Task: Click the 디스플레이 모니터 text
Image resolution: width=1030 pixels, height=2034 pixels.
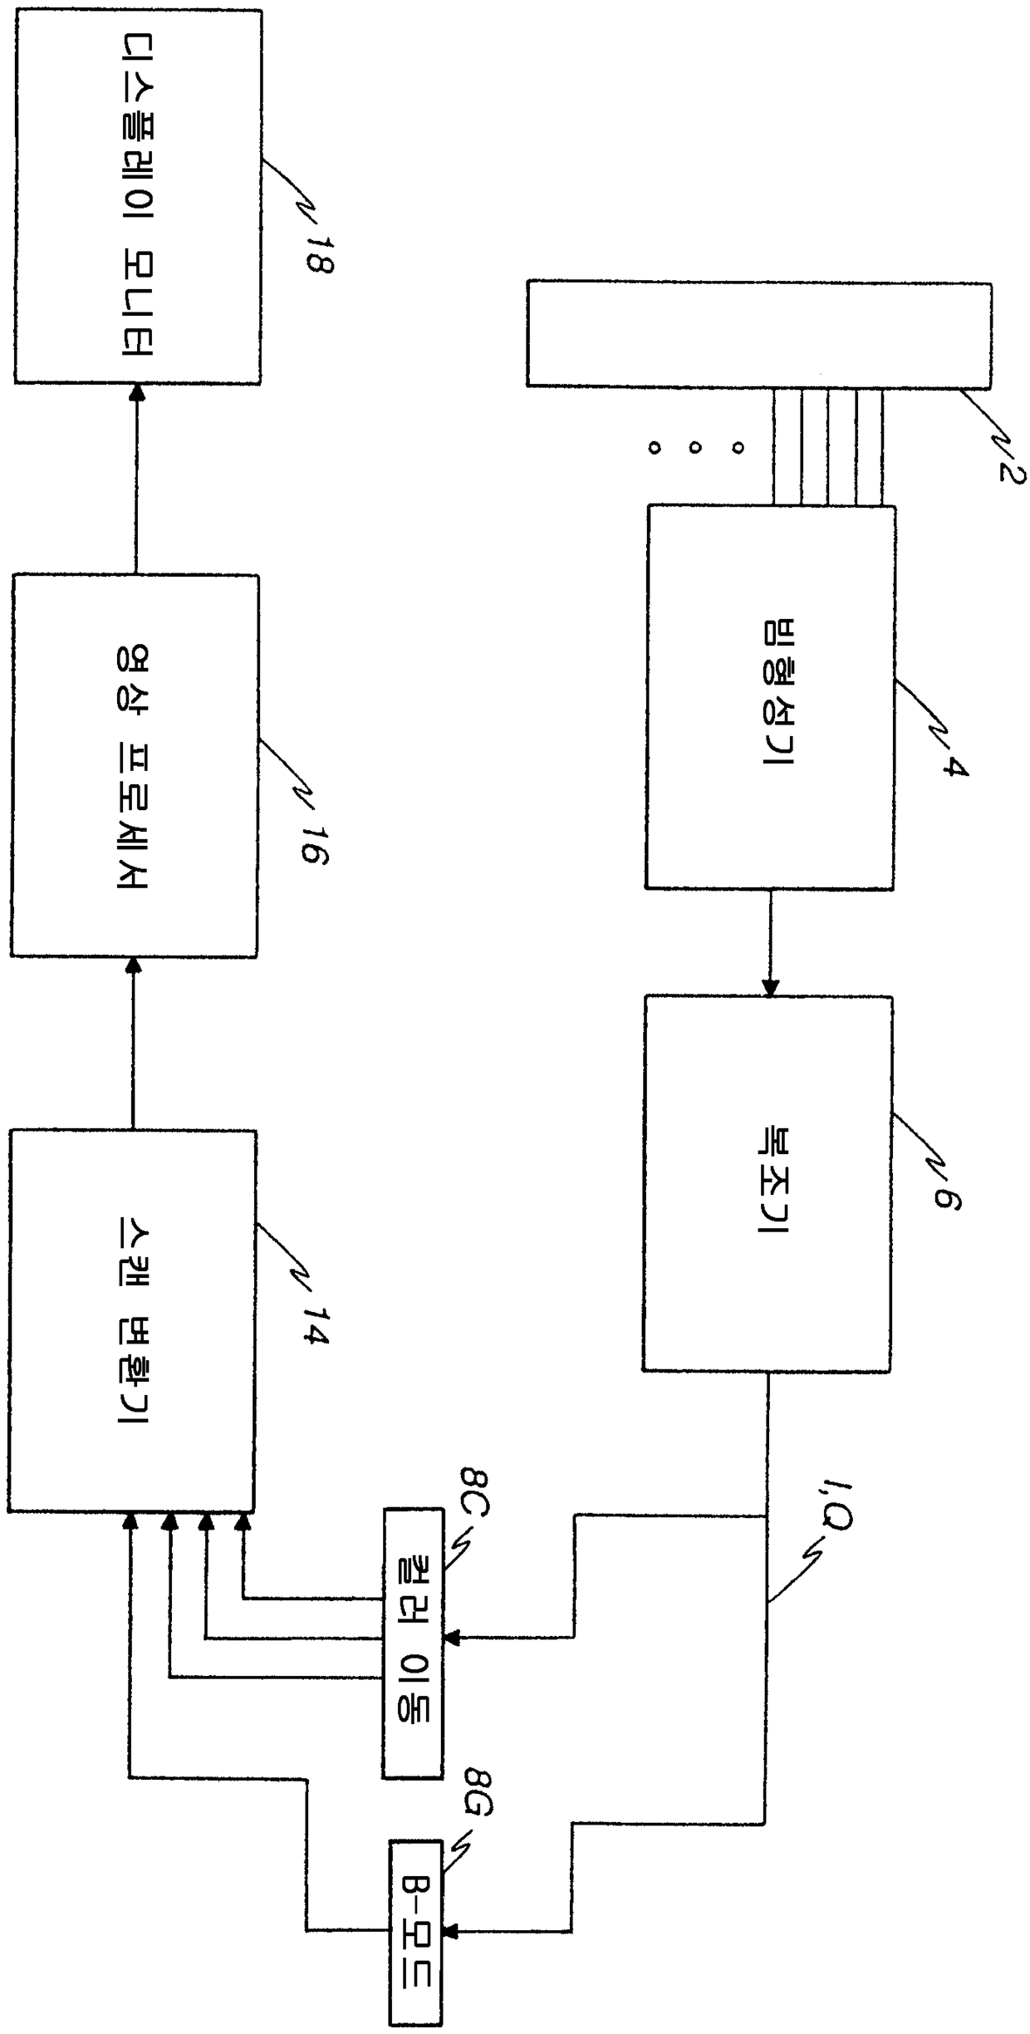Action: pyautogui.click(x=135, y=194)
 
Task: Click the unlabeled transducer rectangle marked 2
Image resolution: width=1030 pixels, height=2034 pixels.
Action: pyautogui.click(x=758, y=334)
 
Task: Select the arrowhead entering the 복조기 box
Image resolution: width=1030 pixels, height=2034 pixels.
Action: pyautogui.click(x=770, y=989)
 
